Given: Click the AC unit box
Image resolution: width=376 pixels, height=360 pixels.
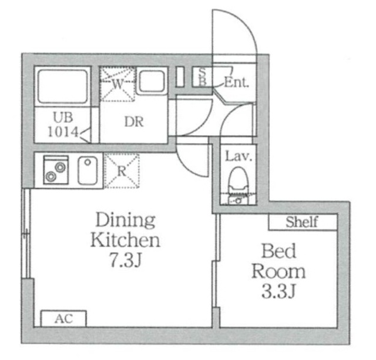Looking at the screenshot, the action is point(63,318).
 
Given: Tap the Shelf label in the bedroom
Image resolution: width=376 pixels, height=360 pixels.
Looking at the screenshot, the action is point(302,222).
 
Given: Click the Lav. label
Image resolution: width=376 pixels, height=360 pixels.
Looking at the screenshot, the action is point(239,156).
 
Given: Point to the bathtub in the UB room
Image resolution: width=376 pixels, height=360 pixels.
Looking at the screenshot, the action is point(62,86).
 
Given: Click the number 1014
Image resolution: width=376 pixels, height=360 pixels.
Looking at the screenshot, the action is point(63,132).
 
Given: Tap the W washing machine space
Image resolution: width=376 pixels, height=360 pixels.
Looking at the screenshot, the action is point(117,84).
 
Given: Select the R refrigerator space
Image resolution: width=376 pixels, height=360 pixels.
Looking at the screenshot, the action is point(122,171).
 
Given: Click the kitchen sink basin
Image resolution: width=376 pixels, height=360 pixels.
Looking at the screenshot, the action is point(88,171).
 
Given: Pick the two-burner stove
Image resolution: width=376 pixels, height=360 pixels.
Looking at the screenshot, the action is point(56,170).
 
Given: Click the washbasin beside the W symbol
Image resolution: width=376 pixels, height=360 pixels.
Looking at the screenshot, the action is point(152,81).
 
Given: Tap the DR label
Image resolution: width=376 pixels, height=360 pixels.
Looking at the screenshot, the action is point(134,122).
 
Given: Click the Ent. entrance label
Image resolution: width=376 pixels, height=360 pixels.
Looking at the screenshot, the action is point(236,82).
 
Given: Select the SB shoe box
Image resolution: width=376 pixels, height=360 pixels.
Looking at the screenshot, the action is point(203,77).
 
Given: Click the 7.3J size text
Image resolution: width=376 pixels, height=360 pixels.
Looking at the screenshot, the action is point(125,261).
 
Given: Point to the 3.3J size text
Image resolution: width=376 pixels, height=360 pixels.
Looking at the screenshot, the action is point(278,291).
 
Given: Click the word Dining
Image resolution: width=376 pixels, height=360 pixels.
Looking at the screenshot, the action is point(125,221).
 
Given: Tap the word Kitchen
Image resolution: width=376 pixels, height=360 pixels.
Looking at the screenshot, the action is point(125,240).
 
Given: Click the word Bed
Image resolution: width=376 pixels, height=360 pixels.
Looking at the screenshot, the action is point(278,251).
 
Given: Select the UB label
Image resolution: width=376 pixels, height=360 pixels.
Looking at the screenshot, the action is point(63,118).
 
